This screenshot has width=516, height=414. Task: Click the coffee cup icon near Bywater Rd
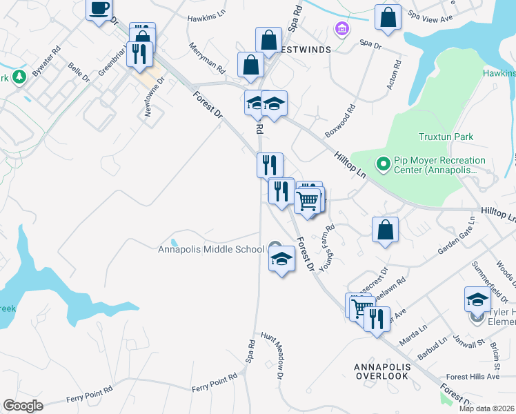point(99,9)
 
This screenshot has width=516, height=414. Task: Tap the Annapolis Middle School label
point(211,249)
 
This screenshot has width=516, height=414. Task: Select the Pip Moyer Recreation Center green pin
point(384,164)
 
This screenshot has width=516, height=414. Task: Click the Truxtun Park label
point(446,137)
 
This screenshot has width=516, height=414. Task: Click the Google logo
point(23,406)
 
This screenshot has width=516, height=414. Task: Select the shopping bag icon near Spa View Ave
point(388,18)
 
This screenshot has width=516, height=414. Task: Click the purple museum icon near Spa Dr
point(341,30)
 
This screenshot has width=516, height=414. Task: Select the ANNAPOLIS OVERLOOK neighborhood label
point(381,371)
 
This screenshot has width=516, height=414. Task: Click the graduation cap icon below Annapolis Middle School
point(281,259)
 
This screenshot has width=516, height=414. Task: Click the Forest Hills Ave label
point(473,377)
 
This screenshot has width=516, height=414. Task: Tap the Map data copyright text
point(487,408)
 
